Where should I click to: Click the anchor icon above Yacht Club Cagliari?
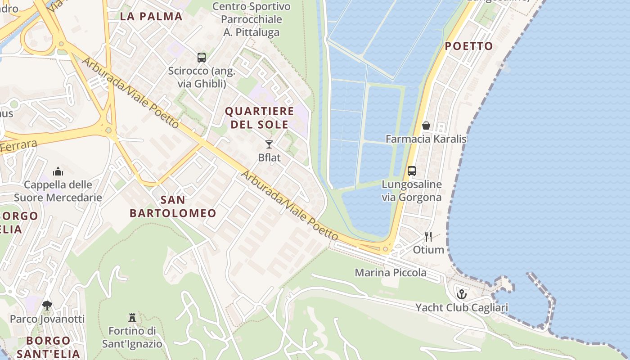tap(462, 295)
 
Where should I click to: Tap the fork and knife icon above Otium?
tap(428, 237)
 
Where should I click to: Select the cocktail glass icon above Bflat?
tap(269, 144)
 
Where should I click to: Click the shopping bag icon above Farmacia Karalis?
tap(426, 126)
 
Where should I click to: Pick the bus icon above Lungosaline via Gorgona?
tap(411, 171)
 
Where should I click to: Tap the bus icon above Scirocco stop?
tap(201, 58)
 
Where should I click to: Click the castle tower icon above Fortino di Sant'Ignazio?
tap(132, 318)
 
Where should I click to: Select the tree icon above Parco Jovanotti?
tap(47, 306)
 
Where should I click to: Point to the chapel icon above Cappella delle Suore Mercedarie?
tap(58, 171)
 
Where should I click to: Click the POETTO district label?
tap(469, 46)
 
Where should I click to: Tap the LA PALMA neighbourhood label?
tap(151, 17)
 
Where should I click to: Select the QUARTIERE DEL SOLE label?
tap(259, 118)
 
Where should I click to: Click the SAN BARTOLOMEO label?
tap(173, 207)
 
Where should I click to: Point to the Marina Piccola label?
tap(391, 273)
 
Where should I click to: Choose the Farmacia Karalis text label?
tap(426, 139)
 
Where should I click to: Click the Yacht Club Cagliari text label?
tap(461, 308)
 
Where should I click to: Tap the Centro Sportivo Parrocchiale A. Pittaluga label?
tap(252, 19)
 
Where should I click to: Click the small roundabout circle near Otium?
tap(385, 249)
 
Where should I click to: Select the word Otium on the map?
tap(428, 250)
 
